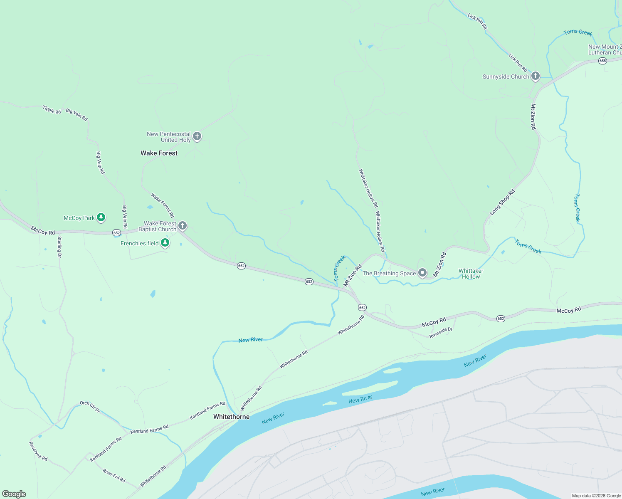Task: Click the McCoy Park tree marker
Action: click(101, 217)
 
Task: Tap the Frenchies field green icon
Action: click(165, 243)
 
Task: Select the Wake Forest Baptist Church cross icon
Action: click(182, 226)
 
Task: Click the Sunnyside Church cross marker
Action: click(536, 76)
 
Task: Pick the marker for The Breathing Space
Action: click(422, 273)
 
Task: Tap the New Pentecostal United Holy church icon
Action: click(197, 136)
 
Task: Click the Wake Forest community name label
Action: click(159, 153)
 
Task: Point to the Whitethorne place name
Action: click(231, 417)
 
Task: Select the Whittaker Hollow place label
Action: click(471, 274)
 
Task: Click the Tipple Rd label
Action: click(52, 110)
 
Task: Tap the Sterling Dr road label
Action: click(59, 247)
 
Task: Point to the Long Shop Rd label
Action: click(502, 202)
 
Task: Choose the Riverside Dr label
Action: click(441, 332)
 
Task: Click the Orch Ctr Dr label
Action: click(90, 407)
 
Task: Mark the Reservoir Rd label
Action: click(38, 451)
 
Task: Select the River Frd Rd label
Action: click(114, 475)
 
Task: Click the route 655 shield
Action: click(602, 61)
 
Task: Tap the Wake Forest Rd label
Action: click(162, 205)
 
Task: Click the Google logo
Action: click(14, 494)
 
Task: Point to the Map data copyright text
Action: click(596, 496)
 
